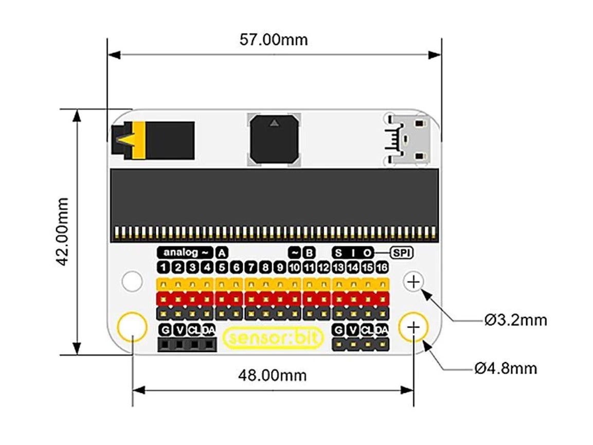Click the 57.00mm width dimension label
point(274,40)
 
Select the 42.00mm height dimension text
point(63,232)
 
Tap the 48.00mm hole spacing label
point(272,375)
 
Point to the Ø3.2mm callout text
point(515,321)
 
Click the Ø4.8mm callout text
point(506,368)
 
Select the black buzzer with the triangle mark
point(274,140)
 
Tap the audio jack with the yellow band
point(153,140)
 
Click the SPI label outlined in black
point(402,253)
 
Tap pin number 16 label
point(382,268)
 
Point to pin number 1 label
point(163,268)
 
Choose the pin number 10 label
point(294,268)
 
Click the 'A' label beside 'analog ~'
point(222,253)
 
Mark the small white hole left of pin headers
point(132,281)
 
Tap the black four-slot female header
point(187,344)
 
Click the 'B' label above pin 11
point(309,253)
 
